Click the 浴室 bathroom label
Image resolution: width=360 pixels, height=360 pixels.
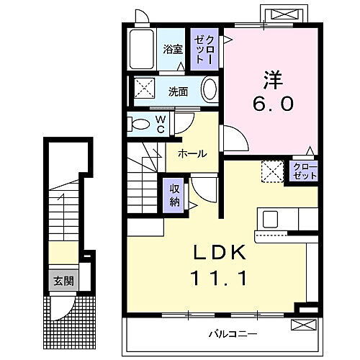click(x=171, y=50)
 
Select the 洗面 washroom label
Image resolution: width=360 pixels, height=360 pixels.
click(x=179, y=91)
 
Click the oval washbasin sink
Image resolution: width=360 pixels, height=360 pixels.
click(x=209, y=91)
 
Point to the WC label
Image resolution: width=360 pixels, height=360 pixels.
click(x=161, y=125)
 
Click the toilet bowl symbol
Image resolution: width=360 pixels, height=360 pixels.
click(x=138, y=125)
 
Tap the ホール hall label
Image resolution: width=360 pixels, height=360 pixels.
click(x=192, y=153)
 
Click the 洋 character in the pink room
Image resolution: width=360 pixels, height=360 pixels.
click(x=271, y=76)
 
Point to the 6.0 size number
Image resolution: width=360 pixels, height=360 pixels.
click(x=272, y=105)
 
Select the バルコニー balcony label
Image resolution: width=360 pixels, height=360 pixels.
click(x=234, y=334)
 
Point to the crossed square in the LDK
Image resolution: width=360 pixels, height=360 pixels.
click(x=272, y=171)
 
